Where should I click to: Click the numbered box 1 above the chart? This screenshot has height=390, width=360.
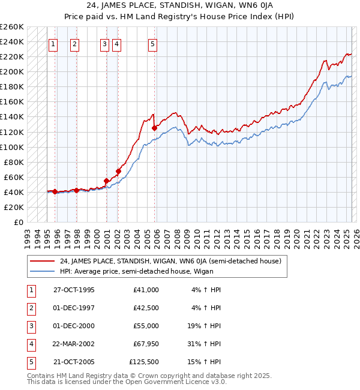point(53,43)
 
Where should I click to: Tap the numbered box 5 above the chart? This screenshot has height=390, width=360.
point(153,43)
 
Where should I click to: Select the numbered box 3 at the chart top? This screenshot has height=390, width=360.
point(104,43)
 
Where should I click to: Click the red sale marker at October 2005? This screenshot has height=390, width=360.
point(154,128)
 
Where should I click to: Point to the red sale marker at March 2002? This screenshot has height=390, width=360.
point(118,171)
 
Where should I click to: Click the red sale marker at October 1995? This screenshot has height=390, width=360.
point(55,191)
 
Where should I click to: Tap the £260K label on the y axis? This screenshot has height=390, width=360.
point(12,27)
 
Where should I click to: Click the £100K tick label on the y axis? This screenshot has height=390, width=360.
point(12,147)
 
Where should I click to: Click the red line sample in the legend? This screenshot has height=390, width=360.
point(42,261)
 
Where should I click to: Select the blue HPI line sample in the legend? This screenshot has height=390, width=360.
point(42,271)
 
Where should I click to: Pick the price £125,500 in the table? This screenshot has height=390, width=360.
point(144,362)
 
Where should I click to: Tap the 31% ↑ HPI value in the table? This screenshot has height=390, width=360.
point(206,344)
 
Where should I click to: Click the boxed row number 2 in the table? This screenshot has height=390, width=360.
point(31,308)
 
